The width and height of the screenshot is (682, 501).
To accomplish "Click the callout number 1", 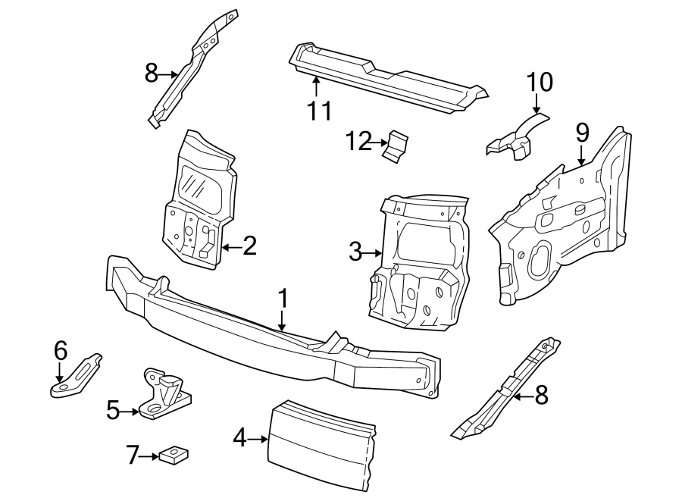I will (x=283, y=299).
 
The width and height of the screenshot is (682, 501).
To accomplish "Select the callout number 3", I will (x=355, y=252).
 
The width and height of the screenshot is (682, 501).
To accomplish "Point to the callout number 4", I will (x=239, y=437).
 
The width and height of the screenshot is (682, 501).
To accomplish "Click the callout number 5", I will (x=113, y=411).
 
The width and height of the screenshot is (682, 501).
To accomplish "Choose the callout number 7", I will (x=133, y=456).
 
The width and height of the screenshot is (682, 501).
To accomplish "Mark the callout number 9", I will (x=582, y=133).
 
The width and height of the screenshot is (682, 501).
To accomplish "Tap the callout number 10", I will (x=540, y=82).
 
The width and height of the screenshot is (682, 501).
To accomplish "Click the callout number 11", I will (x=320, y=111).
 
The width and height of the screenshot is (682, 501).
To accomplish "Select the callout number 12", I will (x=359, y=140).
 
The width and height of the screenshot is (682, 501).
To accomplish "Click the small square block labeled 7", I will (x=174, y=455).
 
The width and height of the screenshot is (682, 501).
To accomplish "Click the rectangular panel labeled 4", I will (x=322, y=446).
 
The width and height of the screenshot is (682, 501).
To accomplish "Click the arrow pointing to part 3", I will (x=374, y=252).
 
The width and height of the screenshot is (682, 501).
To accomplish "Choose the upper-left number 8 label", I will (x=152, y=74).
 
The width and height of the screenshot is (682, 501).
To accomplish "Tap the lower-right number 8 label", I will (x=540, y=395).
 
